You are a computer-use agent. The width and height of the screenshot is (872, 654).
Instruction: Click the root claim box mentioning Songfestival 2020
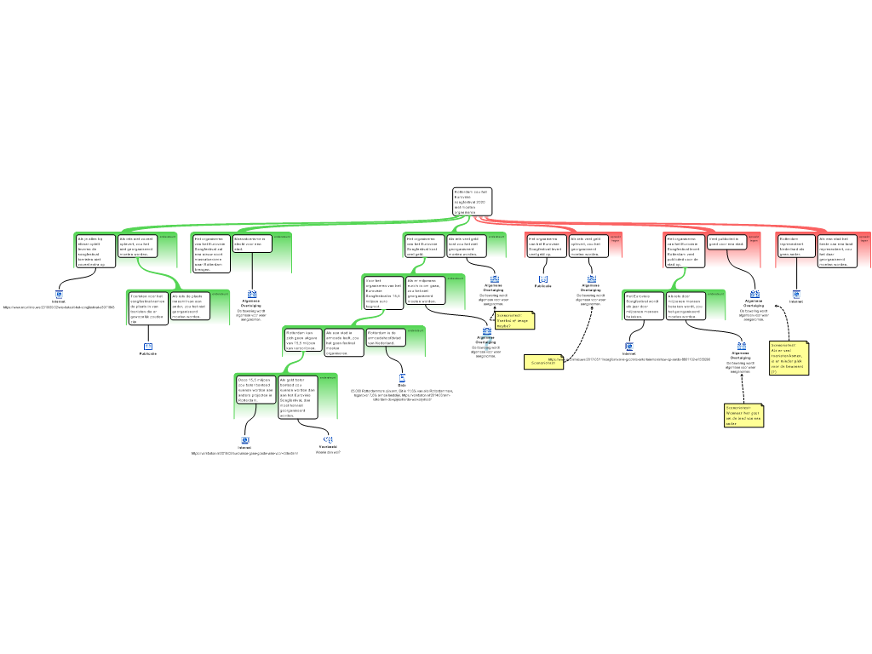point(472,202)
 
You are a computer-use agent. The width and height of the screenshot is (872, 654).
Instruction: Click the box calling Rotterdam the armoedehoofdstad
point(384,337)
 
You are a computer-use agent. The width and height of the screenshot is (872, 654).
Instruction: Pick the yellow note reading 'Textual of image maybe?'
point(514,320)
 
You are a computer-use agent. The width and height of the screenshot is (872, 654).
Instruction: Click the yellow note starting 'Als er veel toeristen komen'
point(789,358)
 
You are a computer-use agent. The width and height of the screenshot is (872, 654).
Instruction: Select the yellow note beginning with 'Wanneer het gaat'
point(743,415)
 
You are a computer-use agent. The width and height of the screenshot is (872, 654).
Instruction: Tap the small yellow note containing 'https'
point(543,362)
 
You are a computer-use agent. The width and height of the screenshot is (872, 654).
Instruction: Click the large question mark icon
point(487,343)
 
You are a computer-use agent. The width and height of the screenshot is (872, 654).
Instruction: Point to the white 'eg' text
point(329,439)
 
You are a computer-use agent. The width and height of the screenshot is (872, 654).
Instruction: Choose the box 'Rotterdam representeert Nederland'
point(796,246)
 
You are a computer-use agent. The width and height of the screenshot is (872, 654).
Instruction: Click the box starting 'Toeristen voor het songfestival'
point(147,307)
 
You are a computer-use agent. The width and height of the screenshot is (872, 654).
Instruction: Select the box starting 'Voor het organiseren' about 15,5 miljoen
point(382,292)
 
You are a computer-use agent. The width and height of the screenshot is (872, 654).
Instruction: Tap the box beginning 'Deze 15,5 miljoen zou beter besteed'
point(255,388)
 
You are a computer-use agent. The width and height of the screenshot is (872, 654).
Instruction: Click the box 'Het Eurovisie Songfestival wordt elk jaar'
point(643,306)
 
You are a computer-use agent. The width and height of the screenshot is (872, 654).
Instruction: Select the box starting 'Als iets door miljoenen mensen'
point(686,306)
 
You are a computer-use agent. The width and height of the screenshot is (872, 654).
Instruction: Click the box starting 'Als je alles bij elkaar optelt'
point(95,251)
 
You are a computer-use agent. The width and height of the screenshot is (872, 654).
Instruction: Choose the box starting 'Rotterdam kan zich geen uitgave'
point(301,340)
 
